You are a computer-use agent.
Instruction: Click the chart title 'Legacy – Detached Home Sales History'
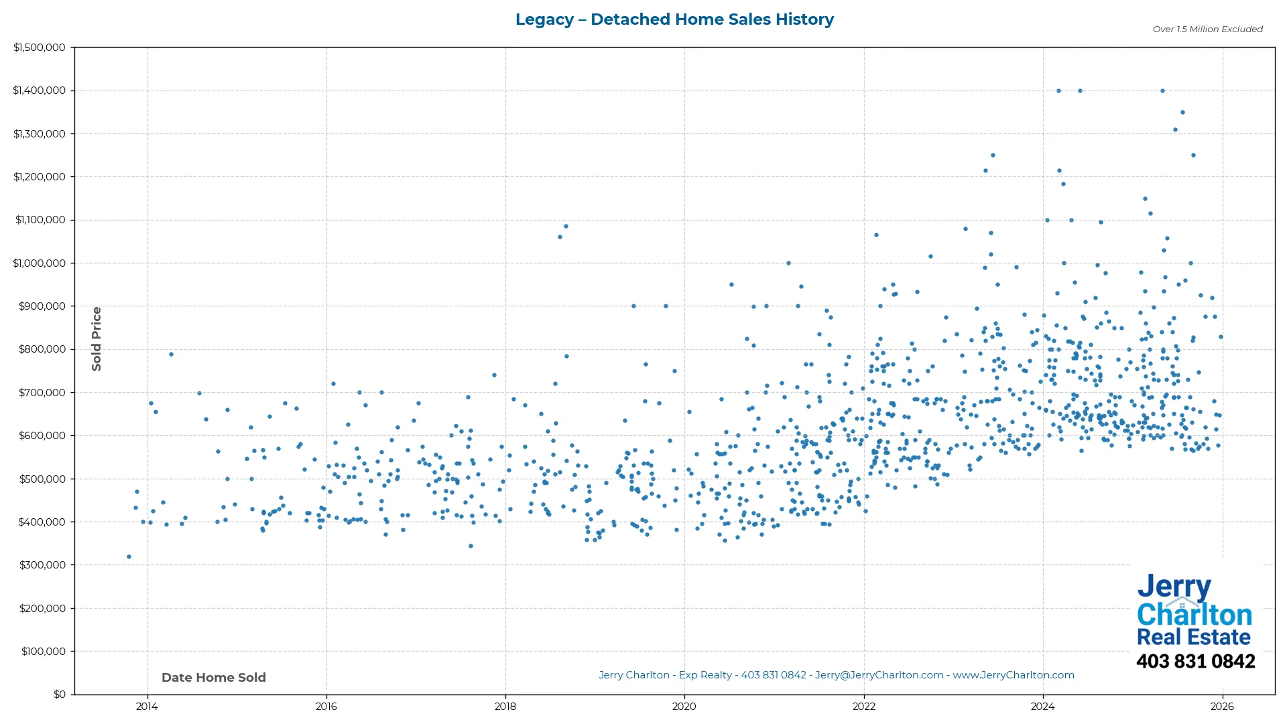click(674, 19)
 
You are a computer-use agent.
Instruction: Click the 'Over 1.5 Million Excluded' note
click(1207, 29)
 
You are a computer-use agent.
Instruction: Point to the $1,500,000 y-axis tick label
click(40, 48)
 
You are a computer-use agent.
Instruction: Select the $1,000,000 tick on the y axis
click(40, 263)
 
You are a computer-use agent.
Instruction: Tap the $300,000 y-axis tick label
click(42, 565)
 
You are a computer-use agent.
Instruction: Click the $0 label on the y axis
click(60, 695)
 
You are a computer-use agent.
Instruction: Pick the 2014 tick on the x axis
click(147, 707)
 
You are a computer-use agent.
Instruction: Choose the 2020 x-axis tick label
click(684, 707)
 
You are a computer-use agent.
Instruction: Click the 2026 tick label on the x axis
click(1223, 707)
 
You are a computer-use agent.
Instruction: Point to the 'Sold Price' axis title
click(97, 339)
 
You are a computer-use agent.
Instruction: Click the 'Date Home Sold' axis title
click(214, 678)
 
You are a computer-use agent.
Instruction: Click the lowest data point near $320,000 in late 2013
click(129, 557)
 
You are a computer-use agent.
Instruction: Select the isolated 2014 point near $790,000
click(171, 354)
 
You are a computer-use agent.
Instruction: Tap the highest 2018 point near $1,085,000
click(566, 226)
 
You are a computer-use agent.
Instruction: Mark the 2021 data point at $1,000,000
click(788, 263)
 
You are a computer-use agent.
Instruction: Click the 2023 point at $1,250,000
click(993, 156)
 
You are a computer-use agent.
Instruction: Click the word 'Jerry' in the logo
click(1174, 587)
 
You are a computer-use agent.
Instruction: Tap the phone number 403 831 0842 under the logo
click(1196, 662)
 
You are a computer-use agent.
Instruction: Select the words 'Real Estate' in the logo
click(1194, 637)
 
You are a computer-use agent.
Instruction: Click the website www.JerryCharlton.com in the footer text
click(1014, 675)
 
